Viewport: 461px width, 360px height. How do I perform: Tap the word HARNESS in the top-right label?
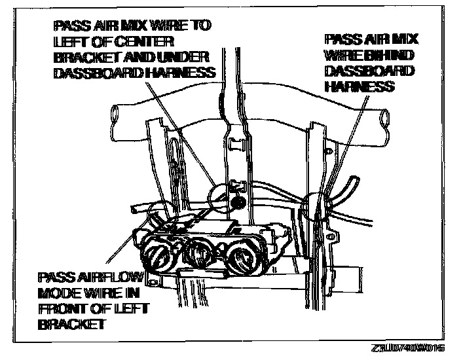pos(359,87)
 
